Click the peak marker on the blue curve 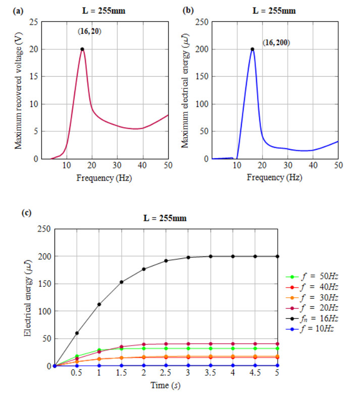(252, 49)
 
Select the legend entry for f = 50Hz (312, 276)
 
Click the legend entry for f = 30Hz (312, 297)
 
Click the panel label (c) (25, 212)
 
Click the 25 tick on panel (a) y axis (34, 22)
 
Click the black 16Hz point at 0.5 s (77, 333)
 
